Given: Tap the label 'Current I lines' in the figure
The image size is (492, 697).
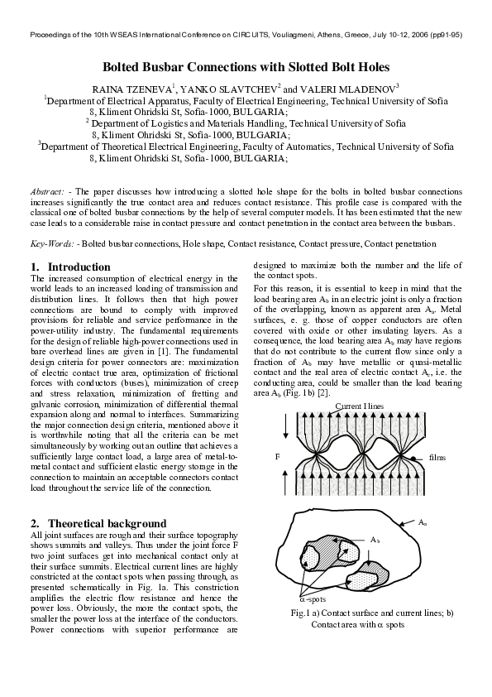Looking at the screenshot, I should [361, 404].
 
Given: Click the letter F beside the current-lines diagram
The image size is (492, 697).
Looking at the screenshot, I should [278, 456].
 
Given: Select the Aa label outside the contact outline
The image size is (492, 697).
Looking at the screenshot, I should [423, 523].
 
